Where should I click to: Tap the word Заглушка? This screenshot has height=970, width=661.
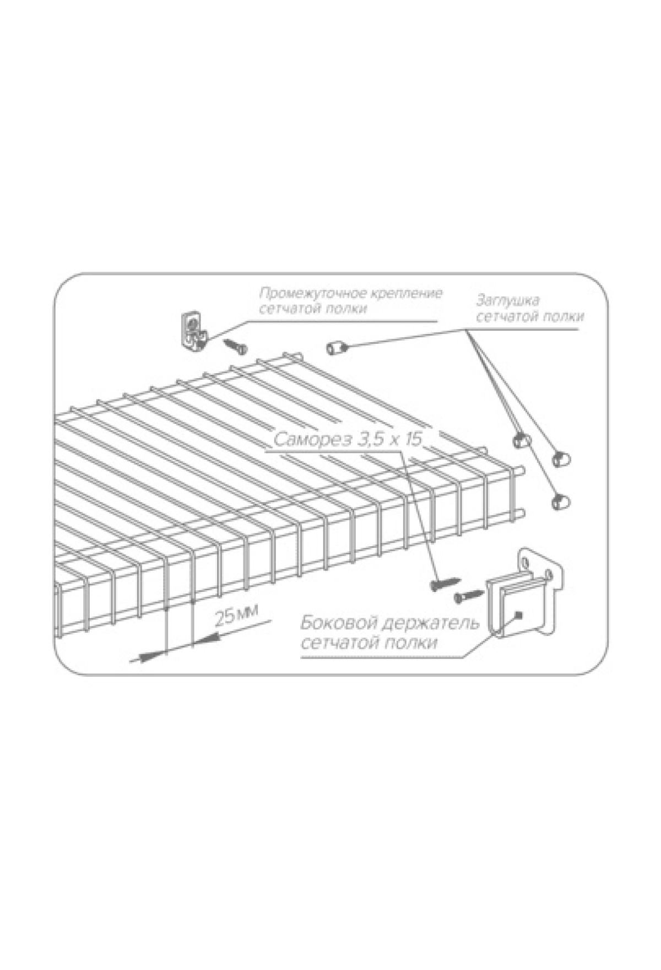tap(508, 301)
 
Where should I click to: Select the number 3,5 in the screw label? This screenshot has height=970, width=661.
tap(371, 440)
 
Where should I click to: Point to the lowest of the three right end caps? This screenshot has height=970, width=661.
tap(561, 502)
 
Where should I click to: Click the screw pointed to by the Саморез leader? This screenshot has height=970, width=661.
tap(445, 581)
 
